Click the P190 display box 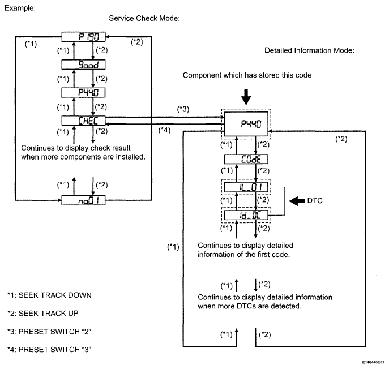tap(83, 37)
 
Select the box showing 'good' tap(83, 65)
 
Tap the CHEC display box tap(83, 121)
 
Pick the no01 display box tap(83, 200)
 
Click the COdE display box tap(246, 159)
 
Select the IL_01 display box tap(246, 187)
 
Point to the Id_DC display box tap(246, 215)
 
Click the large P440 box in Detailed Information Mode tap(246, 124)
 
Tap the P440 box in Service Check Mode tap(83, 92)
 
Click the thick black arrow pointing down tap(246, 97)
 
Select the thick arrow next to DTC tap(297, 200)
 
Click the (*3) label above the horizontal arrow tap(183, 109)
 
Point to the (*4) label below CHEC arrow tap(164, 130)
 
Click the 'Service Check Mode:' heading tap(144, 18)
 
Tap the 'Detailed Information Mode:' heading tap(309, 50)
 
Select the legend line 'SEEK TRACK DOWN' tap(49, 295)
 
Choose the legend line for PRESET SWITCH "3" tap(49, 349)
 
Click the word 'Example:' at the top tap(20, 8)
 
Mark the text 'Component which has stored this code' tap(247, 75)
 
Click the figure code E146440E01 tap(373, 362)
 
